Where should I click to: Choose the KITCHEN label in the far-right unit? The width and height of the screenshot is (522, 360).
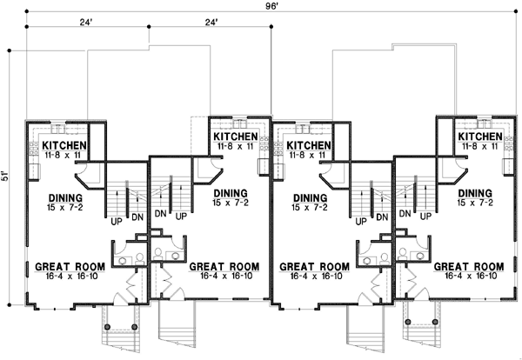click(x=480, y=137)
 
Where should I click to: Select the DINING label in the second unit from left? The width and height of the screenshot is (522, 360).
click(x=228, y=192)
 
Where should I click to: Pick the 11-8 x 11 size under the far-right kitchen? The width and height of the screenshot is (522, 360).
click(x=480, y=147)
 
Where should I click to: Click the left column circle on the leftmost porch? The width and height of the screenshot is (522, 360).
click(x=108, y=327)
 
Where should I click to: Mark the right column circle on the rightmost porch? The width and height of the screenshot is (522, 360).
click(x=432, y=327)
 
